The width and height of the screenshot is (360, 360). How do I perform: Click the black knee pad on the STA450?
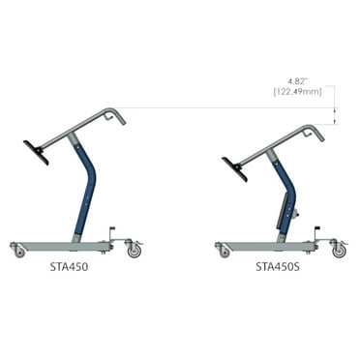pos(37,152)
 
